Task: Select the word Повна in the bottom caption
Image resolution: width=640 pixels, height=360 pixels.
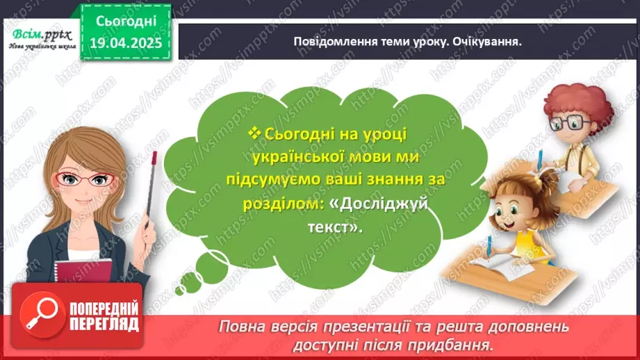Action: click(243, 326)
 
